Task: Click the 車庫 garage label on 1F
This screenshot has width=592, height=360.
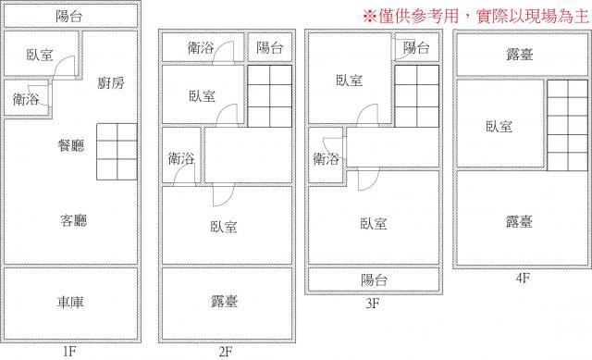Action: click(70, 303)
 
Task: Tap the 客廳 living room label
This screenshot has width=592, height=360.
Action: click(74, 220)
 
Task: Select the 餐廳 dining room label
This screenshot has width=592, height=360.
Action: click(71, 145)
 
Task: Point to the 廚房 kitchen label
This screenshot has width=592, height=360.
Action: click(111, 83)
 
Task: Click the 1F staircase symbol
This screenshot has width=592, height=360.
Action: click(117, 152)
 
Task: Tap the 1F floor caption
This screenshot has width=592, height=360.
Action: click(69, 352)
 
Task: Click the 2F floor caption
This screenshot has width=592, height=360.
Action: click(226, 352)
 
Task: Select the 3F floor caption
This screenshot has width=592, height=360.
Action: click(372, 304)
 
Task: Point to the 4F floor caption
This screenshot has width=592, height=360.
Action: click(523, 278)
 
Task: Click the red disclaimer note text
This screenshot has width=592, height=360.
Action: click(475, 17)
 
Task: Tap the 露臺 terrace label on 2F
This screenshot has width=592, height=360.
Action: click(224, 302)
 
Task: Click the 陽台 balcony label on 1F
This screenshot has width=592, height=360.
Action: click(69, 17)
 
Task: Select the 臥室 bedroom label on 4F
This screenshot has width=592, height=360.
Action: click(499, 127)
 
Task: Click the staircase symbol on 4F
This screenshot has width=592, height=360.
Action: click(567, 125)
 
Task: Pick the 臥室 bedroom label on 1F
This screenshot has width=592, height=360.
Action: click(40, 56)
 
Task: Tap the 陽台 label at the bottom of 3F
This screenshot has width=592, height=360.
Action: click(374, 280)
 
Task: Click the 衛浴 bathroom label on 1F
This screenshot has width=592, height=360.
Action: click(26, 99)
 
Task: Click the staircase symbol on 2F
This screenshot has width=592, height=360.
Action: click(269, 96)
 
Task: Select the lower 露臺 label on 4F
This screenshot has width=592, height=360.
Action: click(520, 221)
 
